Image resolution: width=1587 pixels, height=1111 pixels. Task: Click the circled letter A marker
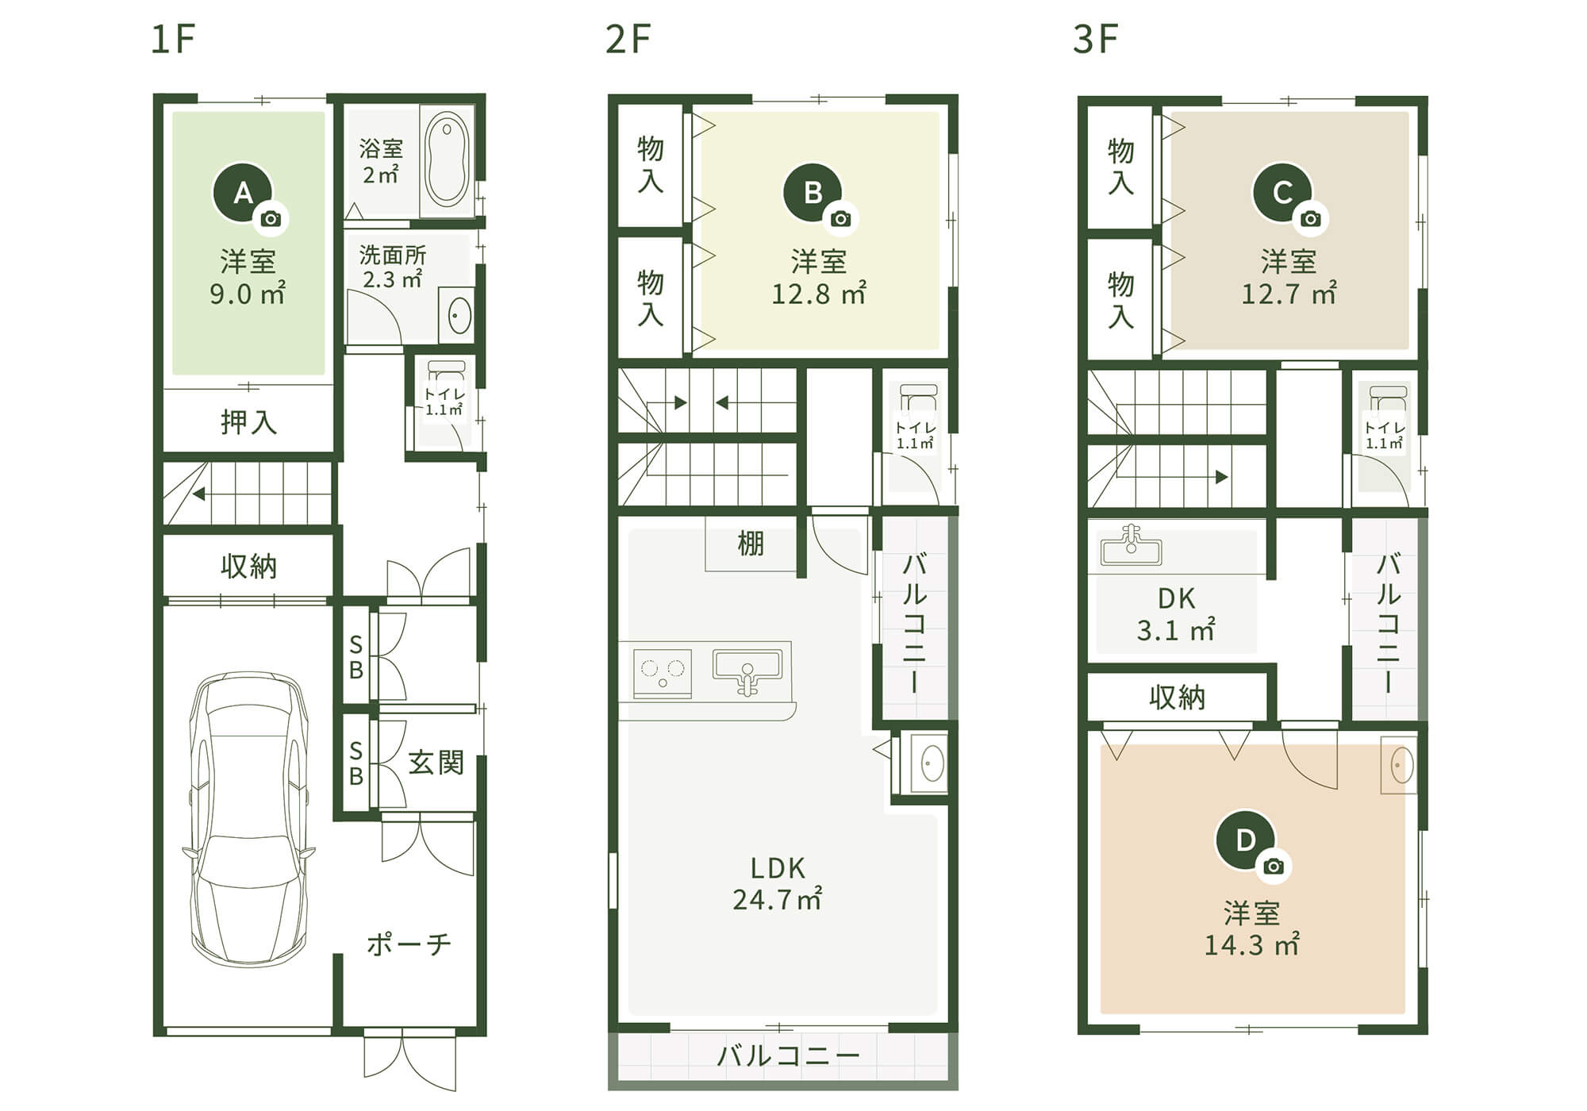point(243,192)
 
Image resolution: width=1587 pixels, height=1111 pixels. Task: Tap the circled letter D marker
point(1246,840)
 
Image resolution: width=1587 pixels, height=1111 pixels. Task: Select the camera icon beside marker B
point(841,219)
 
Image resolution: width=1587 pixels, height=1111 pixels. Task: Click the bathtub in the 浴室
point(447,161)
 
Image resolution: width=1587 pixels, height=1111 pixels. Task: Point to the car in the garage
point(248,819)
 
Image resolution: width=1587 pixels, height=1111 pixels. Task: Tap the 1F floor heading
point(172,39)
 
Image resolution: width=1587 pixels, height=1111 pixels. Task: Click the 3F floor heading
point(1095,39)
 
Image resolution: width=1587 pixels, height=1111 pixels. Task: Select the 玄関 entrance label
point(436,763)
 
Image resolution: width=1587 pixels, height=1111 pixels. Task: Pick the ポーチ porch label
point(409,944)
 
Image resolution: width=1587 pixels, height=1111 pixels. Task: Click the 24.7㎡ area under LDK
point(777,900)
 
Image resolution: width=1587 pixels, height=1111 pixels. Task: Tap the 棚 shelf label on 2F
point(751,544)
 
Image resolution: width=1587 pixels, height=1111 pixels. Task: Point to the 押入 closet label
point(248,422)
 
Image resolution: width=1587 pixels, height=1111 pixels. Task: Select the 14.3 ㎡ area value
point(1251,945)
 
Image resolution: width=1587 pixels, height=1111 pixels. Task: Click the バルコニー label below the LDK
point(788,1056)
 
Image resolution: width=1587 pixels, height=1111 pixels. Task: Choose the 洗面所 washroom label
point(393,256)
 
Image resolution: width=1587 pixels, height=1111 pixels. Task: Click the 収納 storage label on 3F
point(1177,698)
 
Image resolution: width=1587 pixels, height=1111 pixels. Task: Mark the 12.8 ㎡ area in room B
point(818,294)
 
